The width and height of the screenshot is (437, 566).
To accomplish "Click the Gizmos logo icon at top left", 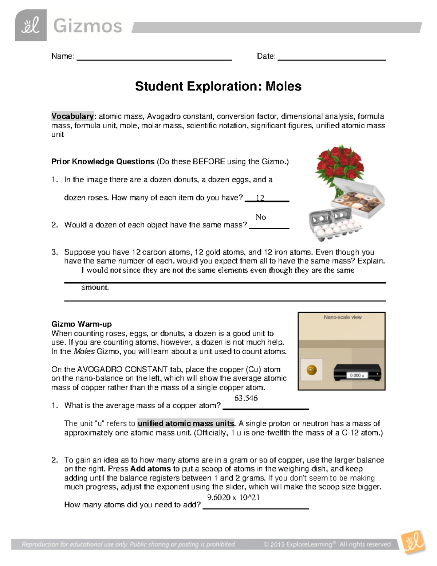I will point(31,26).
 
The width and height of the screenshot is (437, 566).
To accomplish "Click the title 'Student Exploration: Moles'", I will point(218,86).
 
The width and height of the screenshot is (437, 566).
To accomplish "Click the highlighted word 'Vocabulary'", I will point(72,116).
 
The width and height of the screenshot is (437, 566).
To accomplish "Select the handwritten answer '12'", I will point(260,198).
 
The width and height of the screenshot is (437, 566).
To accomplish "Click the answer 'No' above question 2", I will point(261,217).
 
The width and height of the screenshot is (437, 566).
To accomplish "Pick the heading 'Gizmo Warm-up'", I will point(82,324).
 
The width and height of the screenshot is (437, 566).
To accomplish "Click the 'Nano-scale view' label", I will point(343,317).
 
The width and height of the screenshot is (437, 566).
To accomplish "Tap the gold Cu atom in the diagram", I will point(312,370).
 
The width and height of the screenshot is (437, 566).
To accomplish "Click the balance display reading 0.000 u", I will point(357,375).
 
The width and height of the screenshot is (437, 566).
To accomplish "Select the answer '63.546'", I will point(246,398).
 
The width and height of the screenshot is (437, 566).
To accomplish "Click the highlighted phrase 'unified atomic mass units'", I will point(186,423).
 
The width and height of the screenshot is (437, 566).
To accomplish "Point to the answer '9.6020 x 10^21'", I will point(233,497).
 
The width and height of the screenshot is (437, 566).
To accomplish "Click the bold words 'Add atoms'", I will point(150,469).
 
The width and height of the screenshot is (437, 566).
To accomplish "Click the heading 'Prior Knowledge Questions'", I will point(103,161).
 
